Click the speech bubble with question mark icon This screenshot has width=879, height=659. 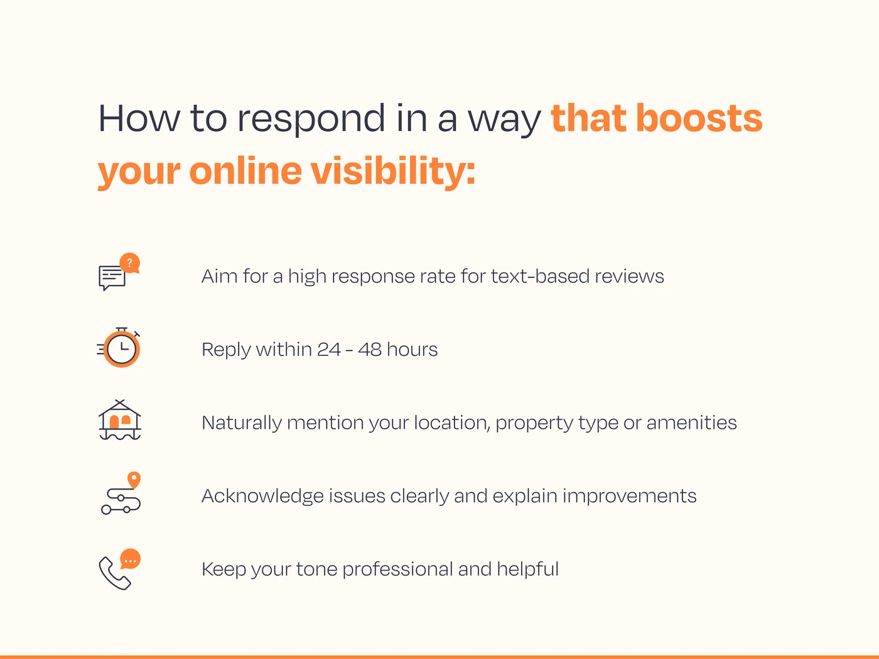119,272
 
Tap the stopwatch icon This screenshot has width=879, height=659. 121,348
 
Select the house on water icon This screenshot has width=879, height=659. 120,420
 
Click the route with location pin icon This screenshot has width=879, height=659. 121,494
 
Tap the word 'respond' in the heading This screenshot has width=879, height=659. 311,119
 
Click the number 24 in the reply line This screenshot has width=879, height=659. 328,349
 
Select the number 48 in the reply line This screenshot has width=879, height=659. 370,349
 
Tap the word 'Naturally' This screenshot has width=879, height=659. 241,423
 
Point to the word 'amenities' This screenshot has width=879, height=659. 691,422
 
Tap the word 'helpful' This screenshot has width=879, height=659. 527,569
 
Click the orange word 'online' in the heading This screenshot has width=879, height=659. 245,171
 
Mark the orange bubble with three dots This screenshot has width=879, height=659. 131,559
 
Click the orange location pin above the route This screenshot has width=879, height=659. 134,480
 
